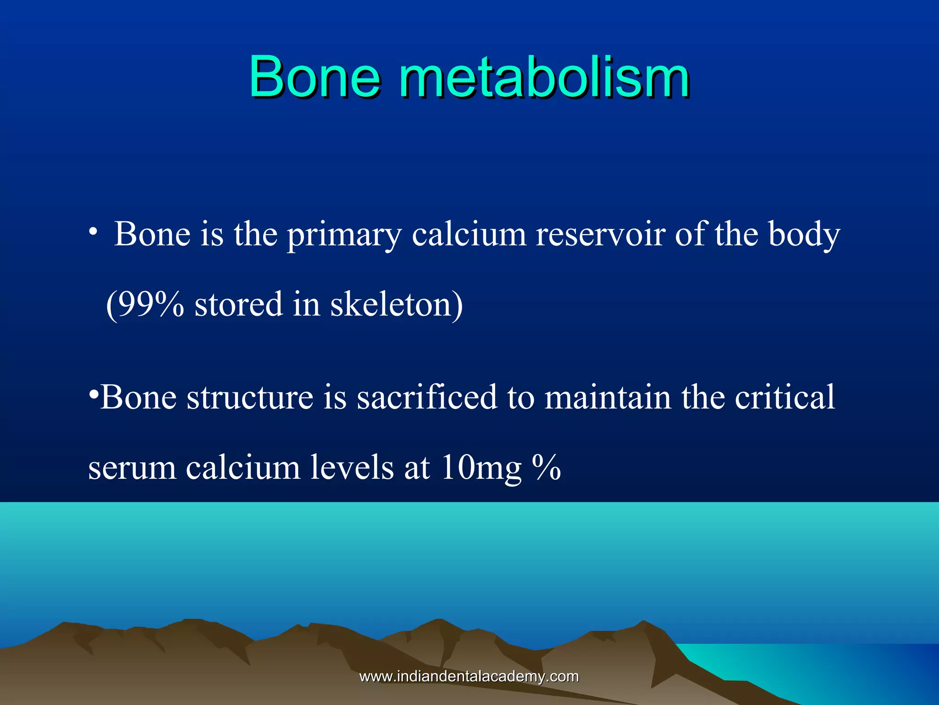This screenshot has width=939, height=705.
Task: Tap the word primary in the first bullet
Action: [x=344, y=235]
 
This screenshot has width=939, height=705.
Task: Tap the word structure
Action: [x=250, y=397]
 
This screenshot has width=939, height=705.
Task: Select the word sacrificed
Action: [x=427, y=397]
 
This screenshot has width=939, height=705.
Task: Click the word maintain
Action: [x=608, y=397]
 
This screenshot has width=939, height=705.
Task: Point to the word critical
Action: [x=784, y=397]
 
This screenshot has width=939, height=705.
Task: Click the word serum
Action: [x=132, y=468]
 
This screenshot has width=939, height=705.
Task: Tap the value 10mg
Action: [x=481, y=468]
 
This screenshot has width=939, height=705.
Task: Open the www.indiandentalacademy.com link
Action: [x=469, y=677]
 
